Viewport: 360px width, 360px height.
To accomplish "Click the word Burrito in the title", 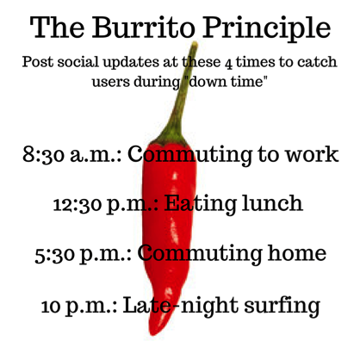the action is tap(143, 28).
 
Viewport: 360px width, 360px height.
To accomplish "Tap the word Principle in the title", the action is tap(267, 28).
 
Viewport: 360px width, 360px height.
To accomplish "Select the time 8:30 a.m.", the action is tap(72, 154).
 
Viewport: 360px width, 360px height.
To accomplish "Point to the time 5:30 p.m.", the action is tap(83, 254).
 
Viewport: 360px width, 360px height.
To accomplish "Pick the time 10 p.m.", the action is tap(79, 306).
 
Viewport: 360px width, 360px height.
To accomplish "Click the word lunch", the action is tap(272, 202).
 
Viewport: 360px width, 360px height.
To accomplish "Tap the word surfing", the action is tap(282, 306).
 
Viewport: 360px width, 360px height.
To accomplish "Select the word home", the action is tap(296, 252).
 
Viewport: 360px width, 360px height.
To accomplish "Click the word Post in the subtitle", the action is tap(38, 62).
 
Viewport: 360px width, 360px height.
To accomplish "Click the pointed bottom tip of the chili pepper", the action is tap(152, 334).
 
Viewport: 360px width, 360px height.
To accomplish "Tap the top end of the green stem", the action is tap(195, 44).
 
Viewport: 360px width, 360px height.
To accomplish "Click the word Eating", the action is tap(201, 204).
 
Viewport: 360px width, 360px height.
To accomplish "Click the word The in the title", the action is tap(58, 28).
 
